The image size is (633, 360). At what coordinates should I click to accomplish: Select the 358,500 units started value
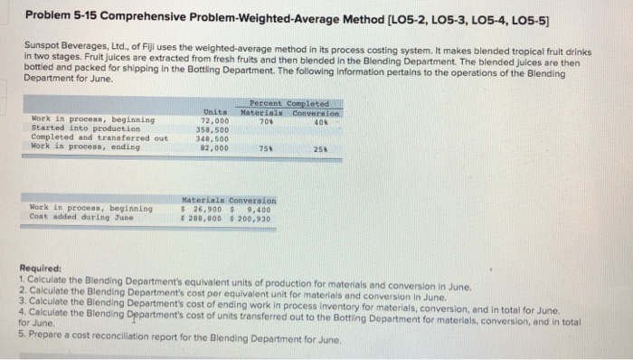(214, 128)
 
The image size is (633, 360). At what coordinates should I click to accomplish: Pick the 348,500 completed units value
(214, 137)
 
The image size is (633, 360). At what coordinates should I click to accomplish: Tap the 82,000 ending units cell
(215, 147)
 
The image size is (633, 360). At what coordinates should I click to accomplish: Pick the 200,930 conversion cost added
(257, 216)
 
